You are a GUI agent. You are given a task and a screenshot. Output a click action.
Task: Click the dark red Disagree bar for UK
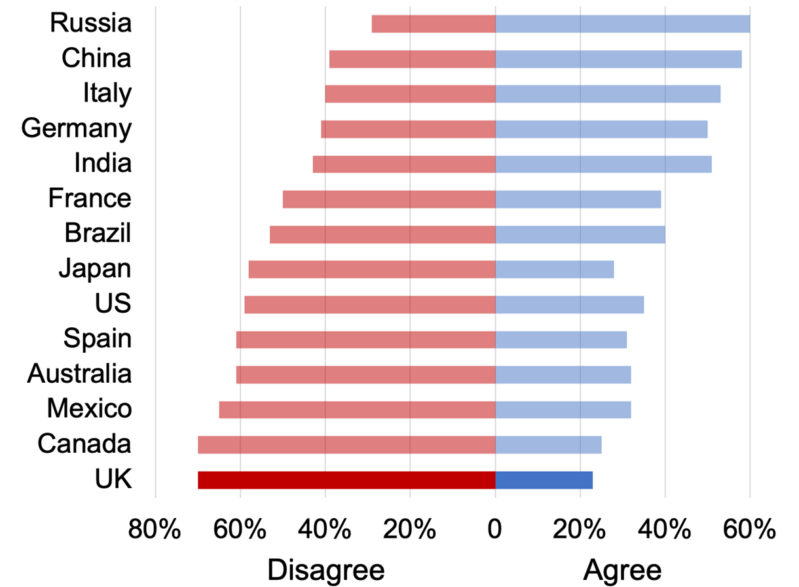(346, 480)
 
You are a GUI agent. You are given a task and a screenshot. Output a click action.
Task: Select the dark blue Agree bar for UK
(544, 480)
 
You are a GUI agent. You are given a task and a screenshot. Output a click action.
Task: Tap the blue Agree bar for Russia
(622, 24)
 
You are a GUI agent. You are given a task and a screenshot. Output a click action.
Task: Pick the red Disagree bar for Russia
(434, 24)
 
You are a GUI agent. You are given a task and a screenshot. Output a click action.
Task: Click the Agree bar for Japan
(555, 269)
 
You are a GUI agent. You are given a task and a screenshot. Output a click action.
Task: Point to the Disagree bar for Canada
(346, 444)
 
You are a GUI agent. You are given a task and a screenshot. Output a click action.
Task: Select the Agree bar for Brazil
(580, 234)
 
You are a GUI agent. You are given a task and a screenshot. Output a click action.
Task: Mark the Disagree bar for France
(389, 199)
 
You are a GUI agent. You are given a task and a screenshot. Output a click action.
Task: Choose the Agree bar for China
(618, 59)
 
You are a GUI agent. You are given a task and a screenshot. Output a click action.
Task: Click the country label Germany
(76, 128)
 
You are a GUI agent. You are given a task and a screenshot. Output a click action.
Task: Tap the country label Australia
(79, 374)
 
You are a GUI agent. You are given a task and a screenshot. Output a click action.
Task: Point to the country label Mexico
(89, 409)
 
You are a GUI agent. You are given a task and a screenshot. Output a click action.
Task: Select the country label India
(103, 163)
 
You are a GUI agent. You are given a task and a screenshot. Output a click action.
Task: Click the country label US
(113, 304)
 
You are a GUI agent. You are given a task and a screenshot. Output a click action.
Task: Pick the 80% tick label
(155, 529)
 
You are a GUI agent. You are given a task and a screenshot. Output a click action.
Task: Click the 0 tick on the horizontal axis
(495, 529)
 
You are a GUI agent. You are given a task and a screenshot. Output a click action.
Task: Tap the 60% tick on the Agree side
(750, 529)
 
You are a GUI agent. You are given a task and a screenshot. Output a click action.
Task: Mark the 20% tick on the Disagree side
(410, 529)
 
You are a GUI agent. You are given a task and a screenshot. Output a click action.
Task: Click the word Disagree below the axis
(325, 570)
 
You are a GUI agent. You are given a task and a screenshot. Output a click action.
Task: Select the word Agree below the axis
(622, 570)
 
